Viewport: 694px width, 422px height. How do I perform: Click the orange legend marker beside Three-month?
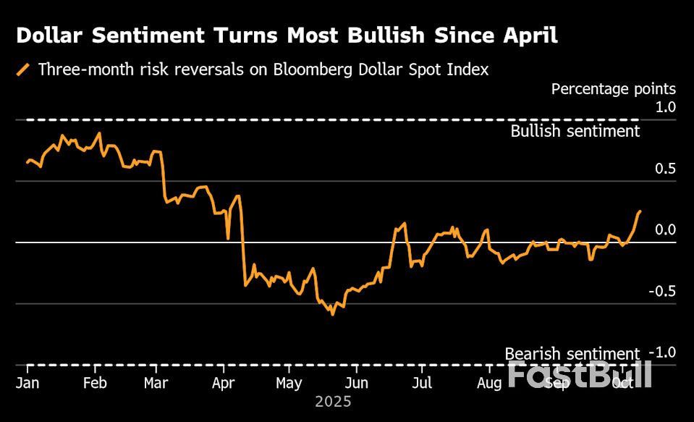tap(24, 69)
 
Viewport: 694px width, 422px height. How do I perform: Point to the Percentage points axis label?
tap(613, 89)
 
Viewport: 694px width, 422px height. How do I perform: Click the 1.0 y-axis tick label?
tap(665, 107)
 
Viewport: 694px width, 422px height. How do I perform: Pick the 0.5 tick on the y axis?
tap(665, 169)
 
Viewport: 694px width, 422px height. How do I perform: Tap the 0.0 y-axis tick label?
tap(665, 230)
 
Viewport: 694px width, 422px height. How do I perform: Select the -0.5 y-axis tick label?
tap(663, 291)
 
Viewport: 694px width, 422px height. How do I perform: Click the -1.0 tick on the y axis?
tap(663, 353)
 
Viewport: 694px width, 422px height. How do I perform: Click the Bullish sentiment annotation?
tap(575, 131)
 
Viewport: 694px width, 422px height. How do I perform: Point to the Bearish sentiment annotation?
tap(572, 354)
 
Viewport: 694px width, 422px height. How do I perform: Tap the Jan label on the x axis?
tap(27, 382)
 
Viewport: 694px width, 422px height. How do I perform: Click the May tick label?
tap(289, 382)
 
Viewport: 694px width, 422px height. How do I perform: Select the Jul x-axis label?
tap(423, 382)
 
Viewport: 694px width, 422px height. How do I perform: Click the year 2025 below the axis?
tap(333, 401)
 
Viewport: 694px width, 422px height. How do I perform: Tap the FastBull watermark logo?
tap(579, 374)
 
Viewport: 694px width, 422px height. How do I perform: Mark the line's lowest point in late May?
tap(333, 315)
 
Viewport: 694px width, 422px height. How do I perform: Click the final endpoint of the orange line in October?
tap(640, 211)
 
